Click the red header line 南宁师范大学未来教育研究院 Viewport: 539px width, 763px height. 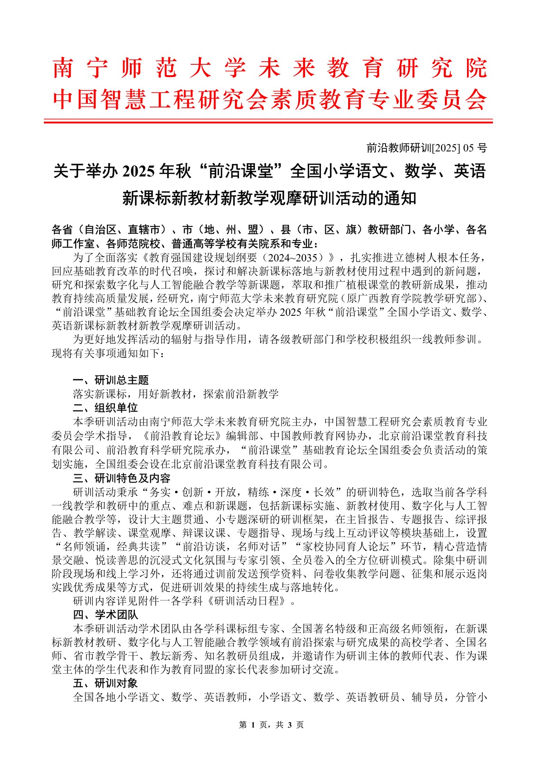pos(270,69)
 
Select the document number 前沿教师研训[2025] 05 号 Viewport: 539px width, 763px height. pos(426,148)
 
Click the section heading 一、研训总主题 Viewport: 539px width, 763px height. pos(111,380)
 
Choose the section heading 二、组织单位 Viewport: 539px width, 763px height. pos(105,407)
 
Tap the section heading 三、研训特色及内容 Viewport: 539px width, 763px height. pos(122,478)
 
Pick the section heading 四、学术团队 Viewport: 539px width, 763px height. pos(105,615)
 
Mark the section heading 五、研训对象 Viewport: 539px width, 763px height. pos(105,683)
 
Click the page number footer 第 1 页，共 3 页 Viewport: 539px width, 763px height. pos(271,725)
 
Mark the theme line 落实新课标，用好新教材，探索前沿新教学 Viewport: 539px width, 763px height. pos(176,394)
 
